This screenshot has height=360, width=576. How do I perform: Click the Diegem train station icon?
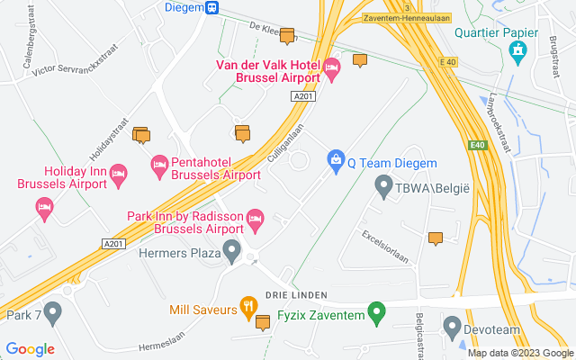[x=211, y=7]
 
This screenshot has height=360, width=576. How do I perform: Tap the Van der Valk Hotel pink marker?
[x=332, y=66]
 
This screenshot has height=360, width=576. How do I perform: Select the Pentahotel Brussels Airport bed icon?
[x=159, y=163]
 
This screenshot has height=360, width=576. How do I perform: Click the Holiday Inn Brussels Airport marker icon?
[x=117, y=171]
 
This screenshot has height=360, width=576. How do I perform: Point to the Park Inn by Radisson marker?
[x=255, y=217]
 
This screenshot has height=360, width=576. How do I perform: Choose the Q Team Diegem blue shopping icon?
[x=336, y=159]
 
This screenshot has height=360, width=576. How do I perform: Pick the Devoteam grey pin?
[x=452, y=324]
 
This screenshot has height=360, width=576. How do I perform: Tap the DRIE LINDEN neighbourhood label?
[x=295, y=295]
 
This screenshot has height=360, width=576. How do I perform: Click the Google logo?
[x=30, y=349]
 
